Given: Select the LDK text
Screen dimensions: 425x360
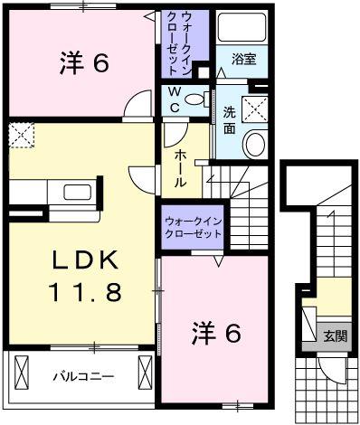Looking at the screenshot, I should pos(82,260).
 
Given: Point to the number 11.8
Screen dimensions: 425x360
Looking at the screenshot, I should pos(83,291).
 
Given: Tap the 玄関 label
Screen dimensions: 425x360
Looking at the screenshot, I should pos(335,336).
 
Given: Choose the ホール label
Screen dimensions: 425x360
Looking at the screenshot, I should pos(182,166).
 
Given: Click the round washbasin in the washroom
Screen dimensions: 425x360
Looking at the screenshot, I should pos(255,143).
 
